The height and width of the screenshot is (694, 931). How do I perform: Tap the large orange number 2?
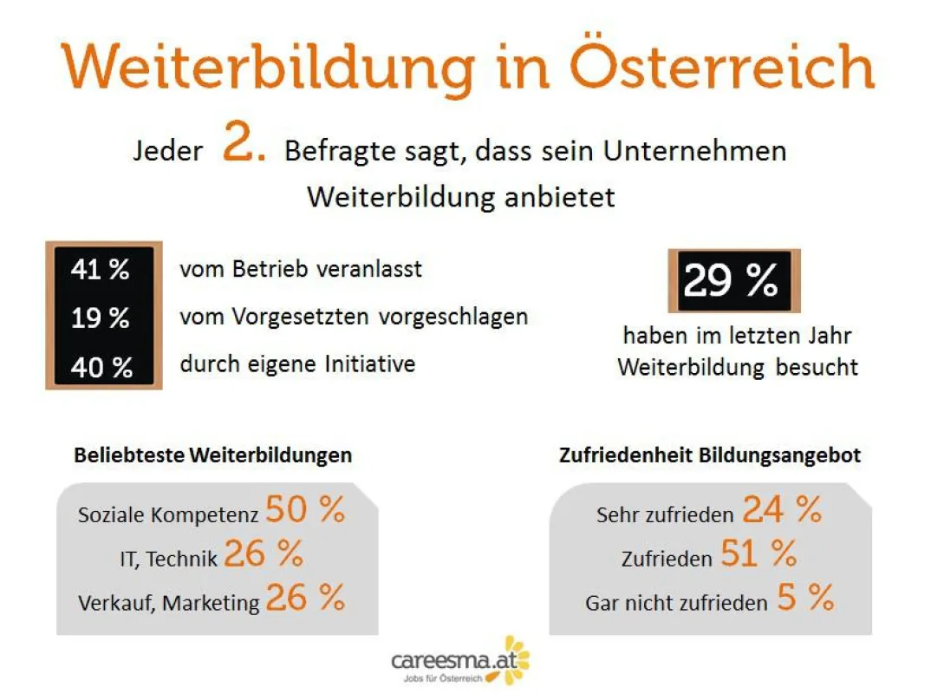pyautogui.click(x=244, y=141)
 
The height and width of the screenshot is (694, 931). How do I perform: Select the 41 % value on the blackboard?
pyautogui.click(x=100, y=269)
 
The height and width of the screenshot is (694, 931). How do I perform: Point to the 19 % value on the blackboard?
pyautogui.click(x=100, y=318)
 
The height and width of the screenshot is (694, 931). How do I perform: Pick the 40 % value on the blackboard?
pyautogui.click(x=101, y=367)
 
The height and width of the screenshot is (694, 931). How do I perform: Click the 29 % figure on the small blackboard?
pyautogui.click(x=730, y=280)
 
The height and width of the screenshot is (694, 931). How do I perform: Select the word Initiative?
pyautogui.click(x=370, y=363)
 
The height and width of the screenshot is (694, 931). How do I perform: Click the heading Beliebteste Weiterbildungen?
pyautogui.click(x=212, y=455)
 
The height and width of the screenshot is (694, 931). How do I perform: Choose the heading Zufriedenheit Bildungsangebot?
pyautogui.click(x=710, y=455)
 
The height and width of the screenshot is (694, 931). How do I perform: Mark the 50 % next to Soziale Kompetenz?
pyautogui.click(x=305, y=509)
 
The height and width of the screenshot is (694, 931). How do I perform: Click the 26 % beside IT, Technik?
pyautogui.click(x=264, y=553)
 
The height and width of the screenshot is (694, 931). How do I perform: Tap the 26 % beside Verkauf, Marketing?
pyautogui.click(x=305, y=598)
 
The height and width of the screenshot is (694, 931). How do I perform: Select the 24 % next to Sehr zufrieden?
pyautogui.click(x=782, y=509)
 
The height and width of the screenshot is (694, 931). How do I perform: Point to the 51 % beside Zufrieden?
pyautogui.click(x=758, y=553)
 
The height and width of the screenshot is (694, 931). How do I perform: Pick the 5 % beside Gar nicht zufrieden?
pyautogui.click(x=805, y=598)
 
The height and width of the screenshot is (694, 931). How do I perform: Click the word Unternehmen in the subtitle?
pyautogui.click(x=694, y=151)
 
